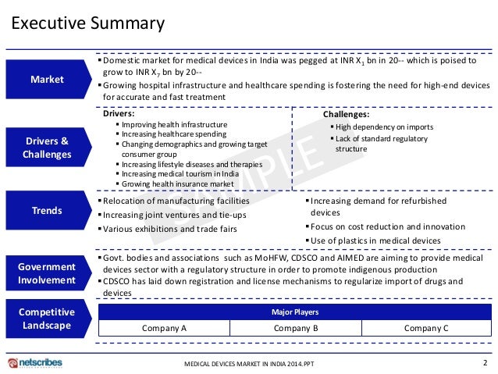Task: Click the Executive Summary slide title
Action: [x=87, y=23]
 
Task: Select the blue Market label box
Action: [x=48, y=79]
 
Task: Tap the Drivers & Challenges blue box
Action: [x=48, y=148]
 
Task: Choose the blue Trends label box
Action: [x=48, y=211]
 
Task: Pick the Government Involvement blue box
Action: [x=48, y=273]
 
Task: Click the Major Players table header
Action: [x=295, y=312]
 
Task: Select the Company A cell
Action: [x=164, y=329]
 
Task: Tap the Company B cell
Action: [x=296, y=329]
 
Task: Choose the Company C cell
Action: [x=426, y=329]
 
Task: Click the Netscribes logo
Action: [x=35, y=363]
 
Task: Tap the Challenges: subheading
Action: [x=346, y=114]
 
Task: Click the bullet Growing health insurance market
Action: [x=177, y=183]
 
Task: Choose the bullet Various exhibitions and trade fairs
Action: [x=171, y=229]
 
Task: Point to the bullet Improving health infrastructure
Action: [x=174, y=125]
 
